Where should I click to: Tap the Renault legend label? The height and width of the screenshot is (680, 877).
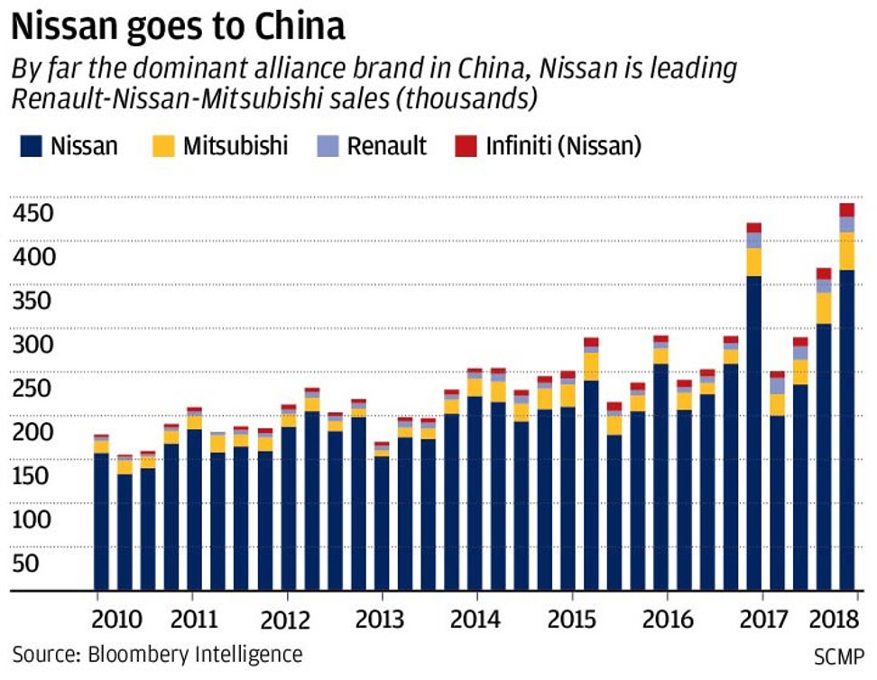point(387,145)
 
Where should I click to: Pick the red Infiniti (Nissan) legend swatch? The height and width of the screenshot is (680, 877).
point(464,145)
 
